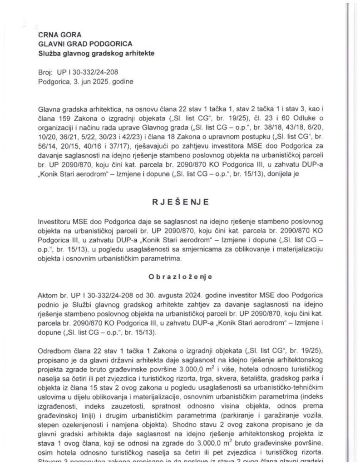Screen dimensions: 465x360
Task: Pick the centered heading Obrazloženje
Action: tap(180, 275)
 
